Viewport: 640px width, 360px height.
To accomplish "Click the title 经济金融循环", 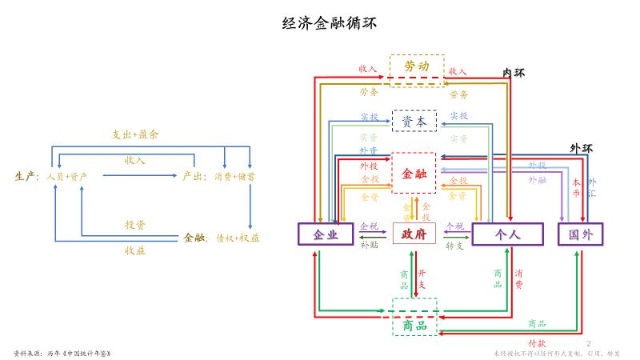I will click(319, 23).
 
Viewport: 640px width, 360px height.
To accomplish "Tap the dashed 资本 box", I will click(414, 122).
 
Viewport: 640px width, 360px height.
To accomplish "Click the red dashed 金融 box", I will click(414, 173).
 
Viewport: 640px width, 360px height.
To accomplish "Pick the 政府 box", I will click(414, 234).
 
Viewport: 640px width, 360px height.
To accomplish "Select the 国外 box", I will click(580, 234).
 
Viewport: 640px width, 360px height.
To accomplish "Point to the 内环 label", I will click(513, 73).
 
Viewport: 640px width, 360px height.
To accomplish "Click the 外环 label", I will click(581, 148).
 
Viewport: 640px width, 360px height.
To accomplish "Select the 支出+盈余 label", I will click(135, 134).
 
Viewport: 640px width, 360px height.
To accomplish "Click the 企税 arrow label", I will click(369, 226).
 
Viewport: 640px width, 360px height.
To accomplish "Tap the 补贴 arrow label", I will click(369, 245).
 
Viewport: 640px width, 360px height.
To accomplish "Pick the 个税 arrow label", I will click(454, 226).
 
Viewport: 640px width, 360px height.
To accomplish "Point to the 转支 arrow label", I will click(454, 245).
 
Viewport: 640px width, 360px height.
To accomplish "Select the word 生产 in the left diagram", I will click(26, 175).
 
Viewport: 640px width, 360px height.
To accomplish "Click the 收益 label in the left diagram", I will click(134, 250).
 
